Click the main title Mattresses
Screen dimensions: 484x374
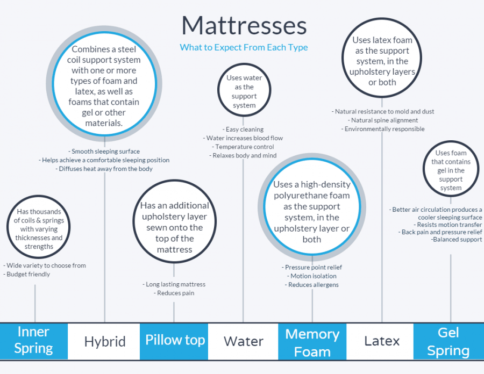click(x=244, y=26)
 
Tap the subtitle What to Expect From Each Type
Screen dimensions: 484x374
click(x=244, y=47)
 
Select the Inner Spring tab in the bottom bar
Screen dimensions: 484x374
click(x=34, y=341)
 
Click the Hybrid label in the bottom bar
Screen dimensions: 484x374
click(x=105, y=341)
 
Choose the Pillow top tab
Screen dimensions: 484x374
click(x=174, y=341)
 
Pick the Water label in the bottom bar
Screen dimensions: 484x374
click(x=244, y=341)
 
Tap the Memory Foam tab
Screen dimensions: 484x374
click(x=312, y=341)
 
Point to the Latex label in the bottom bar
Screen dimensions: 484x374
click(x=382, y=341)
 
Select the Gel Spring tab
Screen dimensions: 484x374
click(x=449, y=341)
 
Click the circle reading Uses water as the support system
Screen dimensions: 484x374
click(x=244, y=66)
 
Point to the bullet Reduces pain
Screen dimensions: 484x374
click(x=174, y=293)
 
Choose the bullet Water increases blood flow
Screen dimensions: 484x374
click(x=243, y=138)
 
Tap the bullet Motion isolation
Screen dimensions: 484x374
click(x=312, y=276)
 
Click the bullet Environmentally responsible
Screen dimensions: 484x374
click(x=383, y=129)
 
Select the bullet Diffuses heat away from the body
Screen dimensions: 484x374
click(x=104, y=169)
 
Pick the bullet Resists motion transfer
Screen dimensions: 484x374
click(x=447, y=225)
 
